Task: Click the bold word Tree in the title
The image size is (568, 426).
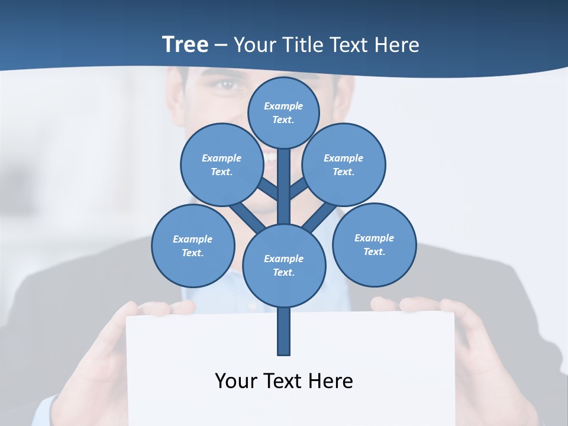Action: (x=185, y=44)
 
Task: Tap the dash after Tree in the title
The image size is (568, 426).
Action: (x=221, y=45)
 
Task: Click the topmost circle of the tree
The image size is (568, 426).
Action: (x=283, y=112)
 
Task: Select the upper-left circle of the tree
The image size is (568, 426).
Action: (x=222, y=164)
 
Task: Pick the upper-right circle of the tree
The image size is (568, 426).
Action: (x=344, y=164)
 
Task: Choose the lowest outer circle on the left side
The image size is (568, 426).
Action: (x=193, y=246)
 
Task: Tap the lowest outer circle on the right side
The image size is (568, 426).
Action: (x=374, y=244)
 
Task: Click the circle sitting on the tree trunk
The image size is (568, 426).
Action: (x=284, y=265)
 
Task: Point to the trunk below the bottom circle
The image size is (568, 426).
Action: (x=284, y=331)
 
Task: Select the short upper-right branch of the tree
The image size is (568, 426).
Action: (x=298, y=189)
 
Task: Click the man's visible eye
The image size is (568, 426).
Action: (x=226, y=85)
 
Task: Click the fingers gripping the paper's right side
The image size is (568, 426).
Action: (x=414, y=305)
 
